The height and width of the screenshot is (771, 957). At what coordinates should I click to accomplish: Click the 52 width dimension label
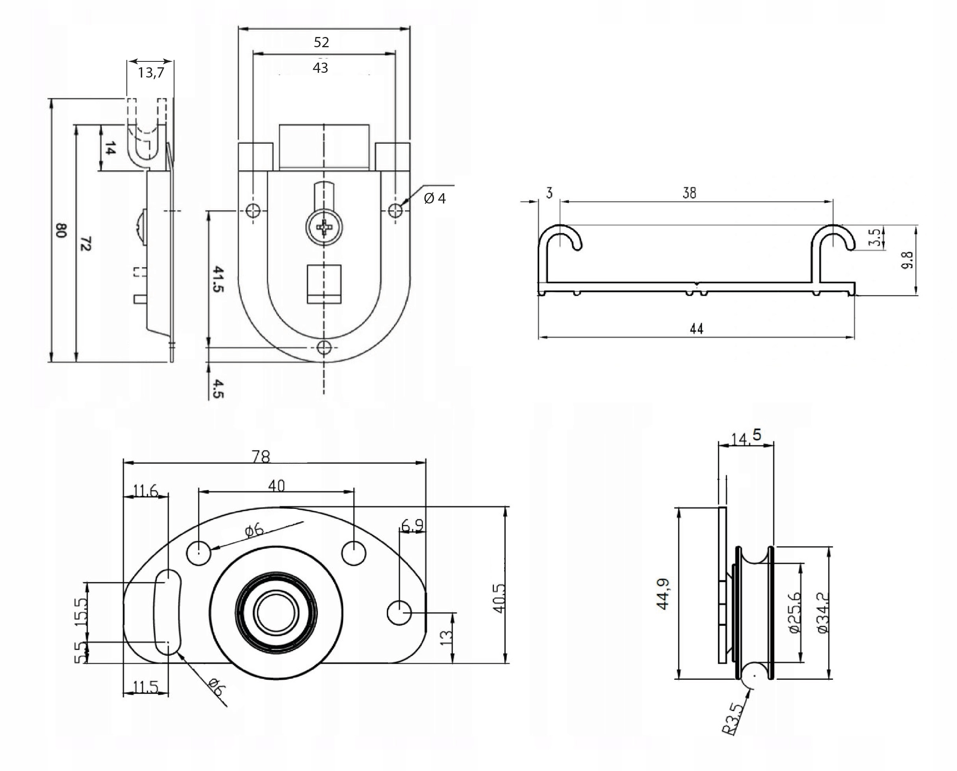(321, 43)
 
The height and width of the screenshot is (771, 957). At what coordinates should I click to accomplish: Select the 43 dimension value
(320, 68)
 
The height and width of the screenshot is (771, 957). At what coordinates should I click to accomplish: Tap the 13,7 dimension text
(150, 72)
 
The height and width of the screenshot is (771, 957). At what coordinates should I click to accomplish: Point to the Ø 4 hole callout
(434, 198)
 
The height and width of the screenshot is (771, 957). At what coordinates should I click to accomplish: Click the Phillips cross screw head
(324, 227)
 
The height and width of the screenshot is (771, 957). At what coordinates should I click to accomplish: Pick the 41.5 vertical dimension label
(218, 279)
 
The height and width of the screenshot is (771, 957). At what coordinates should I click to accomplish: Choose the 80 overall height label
(61, 230)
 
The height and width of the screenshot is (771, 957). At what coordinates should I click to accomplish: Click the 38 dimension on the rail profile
(689, 193)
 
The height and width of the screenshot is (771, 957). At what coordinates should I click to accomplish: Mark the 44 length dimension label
(696, 329)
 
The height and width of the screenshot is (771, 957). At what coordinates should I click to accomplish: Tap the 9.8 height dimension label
(907, 260)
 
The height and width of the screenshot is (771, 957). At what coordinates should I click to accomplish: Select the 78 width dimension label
(261, 457)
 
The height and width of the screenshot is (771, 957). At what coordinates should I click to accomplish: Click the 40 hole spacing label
(276, 486)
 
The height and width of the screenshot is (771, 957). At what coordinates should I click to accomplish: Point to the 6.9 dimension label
(412, 526)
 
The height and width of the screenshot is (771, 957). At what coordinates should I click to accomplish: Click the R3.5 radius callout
(734, 718)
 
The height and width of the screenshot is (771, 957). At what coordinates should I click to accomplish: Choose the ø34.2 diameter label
(823, 613)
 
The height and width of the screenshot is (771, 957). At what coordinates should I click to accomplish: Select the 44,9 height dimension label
(663, 594)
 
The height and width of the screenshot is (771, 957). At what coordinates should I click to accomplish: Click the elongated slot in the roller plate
(167, 612)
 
